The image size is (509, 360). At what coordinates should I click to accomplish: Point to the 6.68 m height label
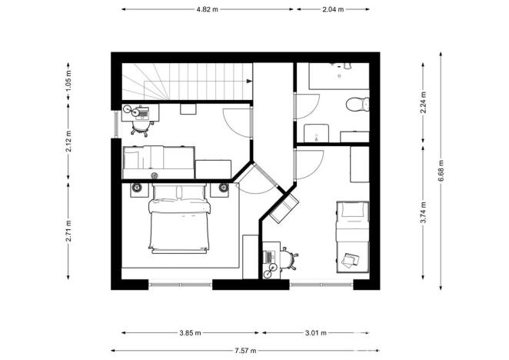441,170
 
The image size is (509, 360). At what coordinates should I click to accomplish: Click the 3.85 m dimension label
190,333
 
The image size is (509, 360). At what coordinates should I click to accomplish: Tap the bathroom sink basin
315,132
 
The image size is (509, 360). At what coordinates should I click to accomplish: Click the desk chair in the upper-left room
141,128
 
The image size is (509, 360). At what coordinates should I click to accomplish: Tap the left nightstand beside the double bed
138,187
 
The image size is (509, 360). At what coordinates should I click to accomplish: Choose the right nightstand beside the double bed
223,187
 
